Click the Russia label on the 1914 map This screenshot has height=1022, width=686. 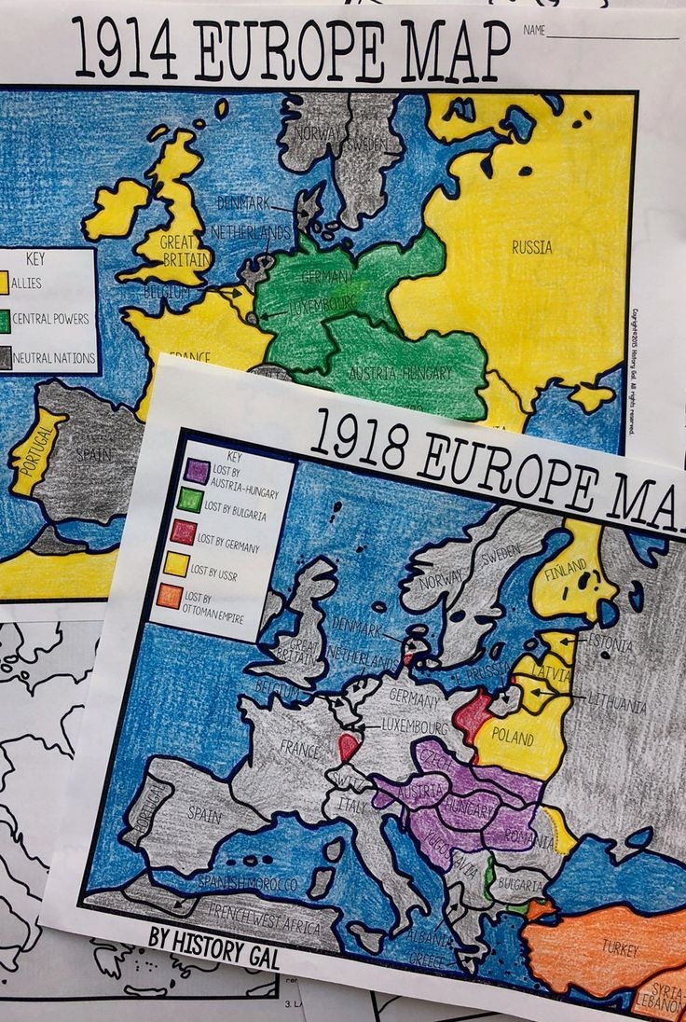click(531, 247)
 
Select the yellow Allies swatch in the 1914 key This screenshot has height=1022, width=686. click(4, 283)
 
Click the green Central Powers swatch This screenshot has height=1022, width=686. click(4, 320)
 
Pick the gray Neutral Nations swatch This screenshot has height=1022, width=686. click(5, 357)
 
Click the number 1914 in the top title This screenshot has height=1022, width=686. click(125, 49)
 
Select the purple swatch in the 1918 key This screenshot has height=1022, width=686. click(197, 471)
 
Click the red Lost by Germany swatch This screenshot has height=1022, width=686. click(184, 532)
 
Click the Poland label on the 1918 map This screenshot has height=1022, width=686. click(513, 736)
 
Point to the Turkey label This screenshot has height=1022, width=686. click(620, 949)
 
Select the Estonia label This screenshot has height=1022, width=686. click(610, 644)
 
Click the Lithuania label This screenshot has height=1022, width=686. click(616, 704)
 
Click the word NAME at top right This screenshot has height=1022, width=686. click(534, 31)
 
